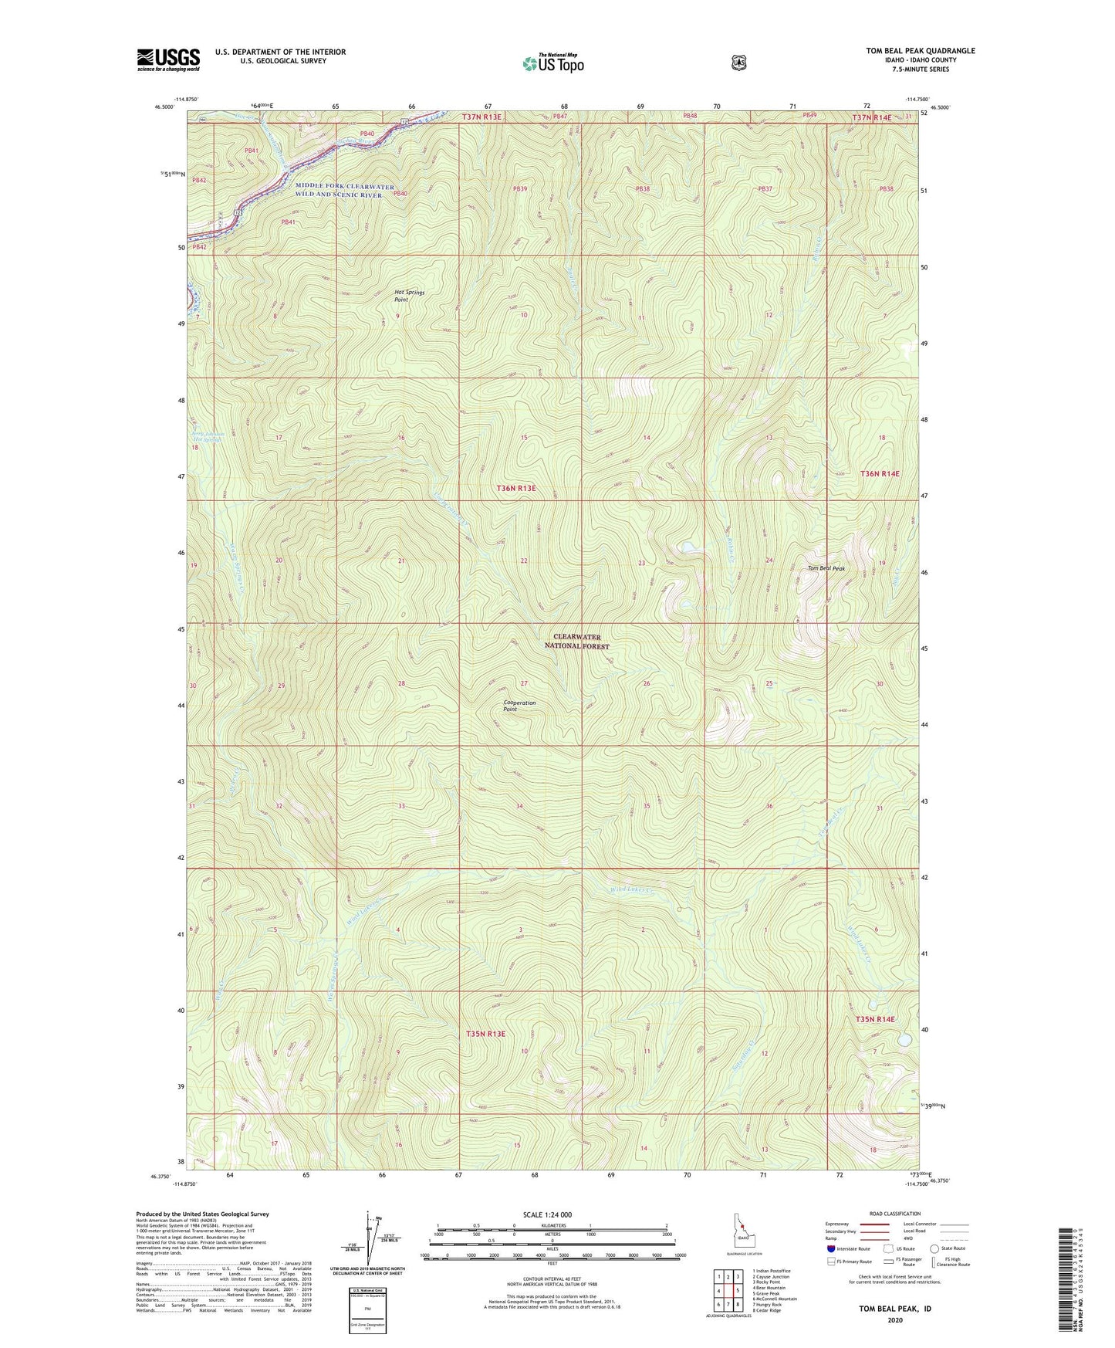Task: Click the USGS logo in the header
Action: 168,59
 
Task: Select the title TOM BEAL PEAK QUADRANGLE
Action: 920,51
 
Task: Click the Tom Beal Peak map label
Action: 826,569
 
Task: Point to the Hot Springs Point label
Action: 409,296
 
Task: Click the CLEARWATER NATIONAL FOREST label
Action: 580,642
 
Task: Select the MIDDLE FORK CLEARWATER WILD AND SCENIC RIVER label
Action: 343,191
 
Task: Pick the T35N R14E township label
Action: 876,1019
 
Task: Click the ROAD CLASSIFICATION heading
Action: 894,1214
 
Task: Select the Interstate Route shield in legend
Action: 830,1248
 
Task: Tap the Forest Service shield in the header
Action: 738,62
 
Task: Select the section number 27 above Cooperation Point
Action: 524,683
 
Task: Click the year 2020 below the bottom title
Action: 894,1319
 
